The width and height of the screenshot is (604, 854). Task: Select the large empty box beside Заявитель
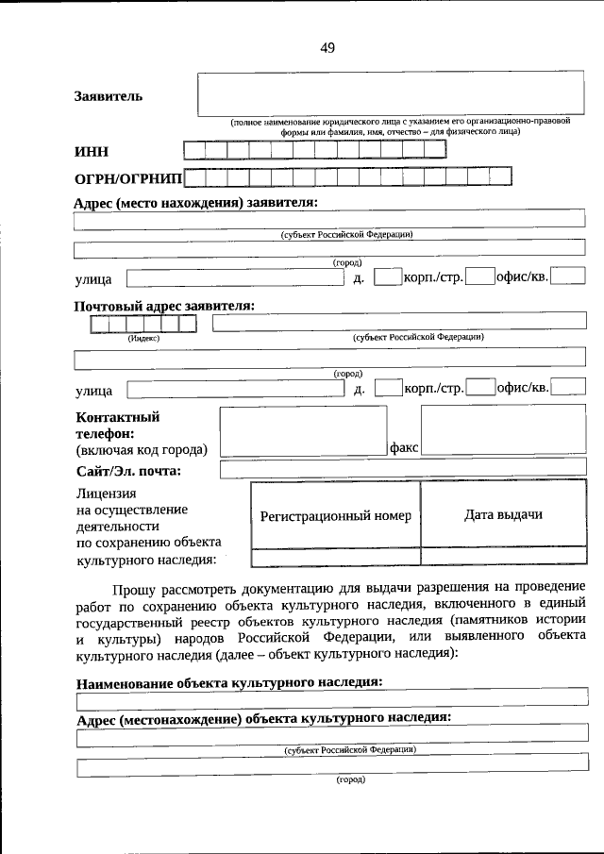pyautogui.click(x=392, y=93)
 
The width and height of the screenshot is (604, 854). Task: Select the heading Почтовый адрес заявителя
pyautogui.click(x=164, y=306)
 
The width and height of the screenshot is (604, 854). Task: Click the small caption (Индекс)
pyautogui.click(x=143, y=337)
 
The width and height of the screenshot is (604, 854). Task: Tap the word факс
pyautogui.click(x=404, y=449)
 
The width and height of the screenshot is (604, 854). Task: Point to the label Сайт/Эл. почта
pyautogui.click(x=128, y=471)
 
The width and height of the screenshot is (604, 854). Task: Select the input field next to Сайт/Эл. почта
pyautogui.click(x=402, y=469)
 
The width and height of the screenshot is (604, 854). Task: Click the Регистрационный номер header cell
pyautogui.click(x=335, y=516)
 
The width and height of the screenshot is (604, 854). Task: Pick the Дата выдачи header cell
pyautogui.click(x=503, y=514)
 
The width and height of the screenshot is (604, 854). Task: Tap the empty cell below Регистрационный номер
pyautogui.click(x=335, y=557)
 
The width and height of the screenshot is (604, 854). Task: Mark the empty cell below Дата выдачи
pyautogui.click(x=503, y=557)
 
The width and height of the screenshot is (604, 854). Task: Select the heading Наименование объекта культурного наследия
pyautogui.click(x=228, y=680)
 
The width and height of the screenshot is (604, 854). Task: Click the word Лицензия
pyautogui.click(x=106, y=494)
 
